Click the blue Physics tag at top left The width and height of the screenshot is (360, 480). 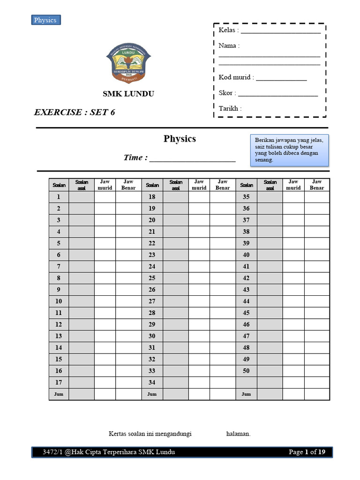tap(45, 20)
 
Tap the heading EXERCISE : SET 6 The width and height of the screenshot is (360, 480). tap(75, 112)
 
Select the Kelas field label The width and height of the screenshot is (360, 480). tap(229, 30)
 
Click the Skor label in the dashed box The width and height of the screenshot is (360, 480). tap(227, 93)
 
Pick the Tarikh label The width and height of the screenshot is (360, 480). tap(230, 108)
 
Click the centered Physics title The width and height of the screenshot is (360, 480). tap(180, 139)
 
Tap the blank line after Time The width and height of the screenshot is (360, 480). tap(192, 158)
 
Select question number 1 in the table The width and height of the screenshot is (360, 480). tap(59, 197)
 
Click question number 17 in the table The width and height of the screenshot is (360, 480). tap(59, 382)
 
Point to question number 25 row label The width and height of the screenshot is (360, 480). tap(152, 278)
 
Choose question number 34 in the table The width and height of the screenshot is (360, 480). tap(152, 382)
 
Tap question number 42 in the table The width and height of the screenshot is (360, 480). tap(246, 278)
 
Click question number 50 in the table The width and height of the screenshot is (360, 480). tap(246, 371)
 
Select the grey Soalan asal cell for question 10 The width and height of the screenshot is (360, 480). tap(82, 301)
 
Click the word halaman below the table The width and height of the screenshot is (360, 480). tap(238, 434)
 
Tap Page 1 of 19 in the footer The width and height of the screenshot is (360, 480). tap(307, 452)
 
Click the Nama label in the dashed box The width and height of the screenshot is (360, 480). tap(229, 46)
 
